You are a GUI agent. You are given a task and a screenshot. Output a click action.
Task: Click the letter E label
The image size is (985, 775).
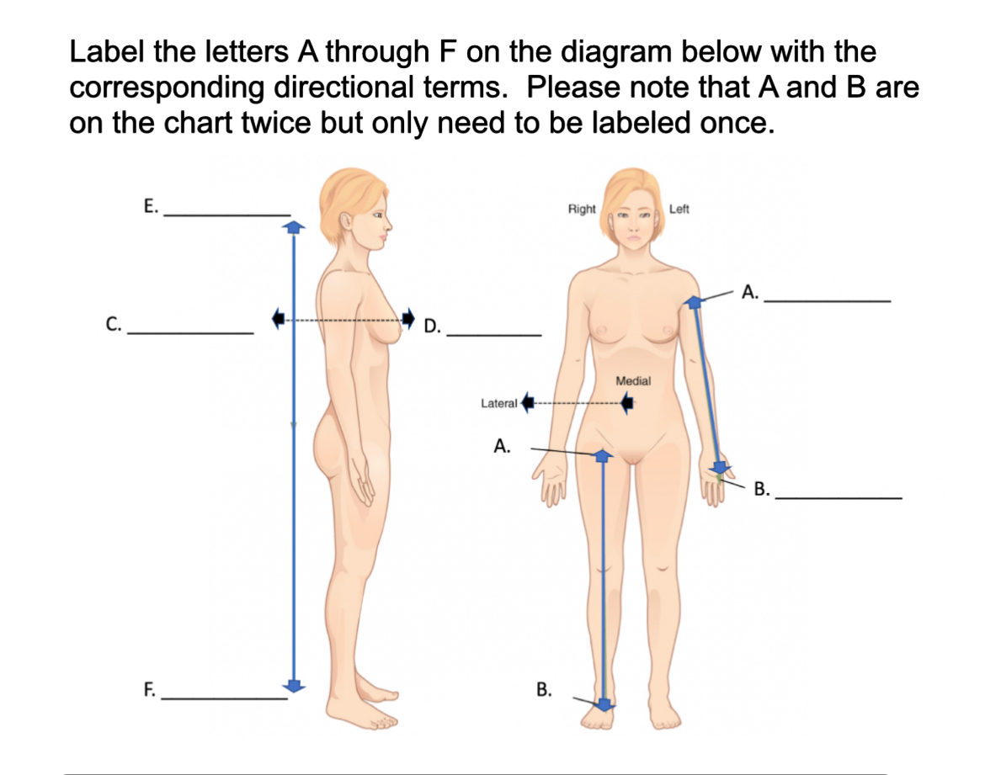point(149,205)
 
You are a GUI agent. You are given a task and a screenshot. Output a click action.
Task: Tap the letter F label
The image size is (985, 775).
point(149,690)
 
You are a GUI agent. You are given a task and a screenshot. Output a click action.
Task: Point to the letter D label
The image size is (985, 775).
point(431,326)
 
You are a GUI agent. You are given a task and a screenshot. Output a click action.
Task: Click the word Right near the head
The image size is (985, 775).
point(582,209)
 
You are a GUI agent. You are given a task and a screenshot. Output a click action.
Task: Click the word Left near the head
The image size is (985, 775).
point(679,209)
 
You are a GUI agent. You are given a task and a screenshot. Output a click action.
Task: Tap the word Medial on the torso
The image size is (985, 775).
point(633,381)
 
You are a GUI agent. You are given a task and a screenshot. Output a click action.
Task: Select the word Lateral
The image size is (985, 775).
point(498,404)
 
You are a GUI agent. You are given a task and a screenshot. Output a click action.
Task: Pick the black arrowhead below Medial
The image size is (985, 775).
point(627,405)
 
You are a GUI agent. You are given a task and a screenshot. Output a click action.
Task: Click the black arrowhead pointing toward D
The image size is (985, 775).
point(409,317)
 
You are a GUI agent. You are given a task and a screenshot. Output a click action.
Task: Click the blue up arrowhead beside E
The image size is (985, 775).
point(293,226)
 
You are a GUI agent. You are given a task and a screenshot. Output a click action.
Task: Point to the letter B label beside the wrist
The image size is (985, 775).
point(762,489)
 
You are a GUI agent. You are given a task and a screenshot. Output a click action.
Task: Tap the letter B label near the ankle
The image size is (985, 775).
point(545,691)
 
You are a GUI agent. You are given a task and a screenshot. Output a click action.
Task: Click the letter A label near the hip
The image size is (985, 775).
point(502,445)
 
